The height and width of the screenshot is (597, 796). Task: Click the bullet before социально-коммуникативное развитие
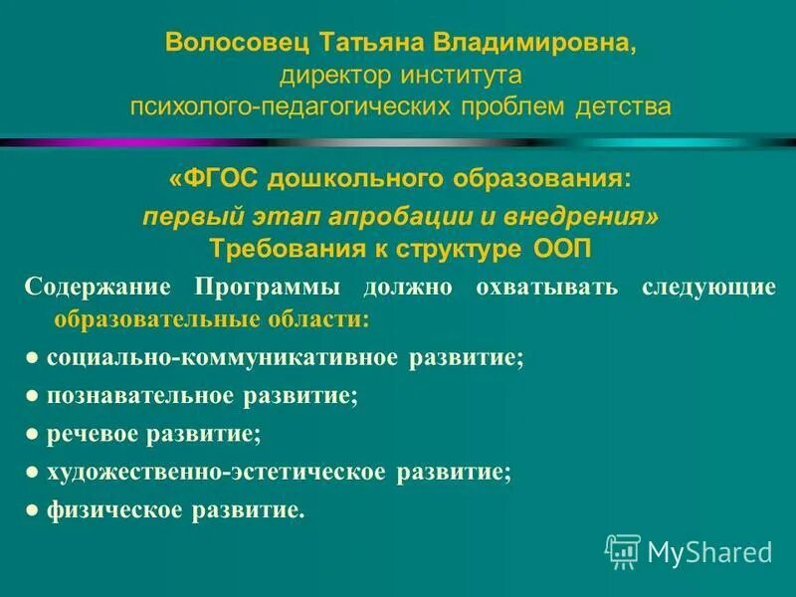[33, 358]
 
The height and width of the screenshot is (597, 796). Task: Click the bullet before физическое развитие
[33, 511]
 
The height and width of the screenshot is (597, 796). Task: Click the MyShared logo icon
[623, 550]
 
